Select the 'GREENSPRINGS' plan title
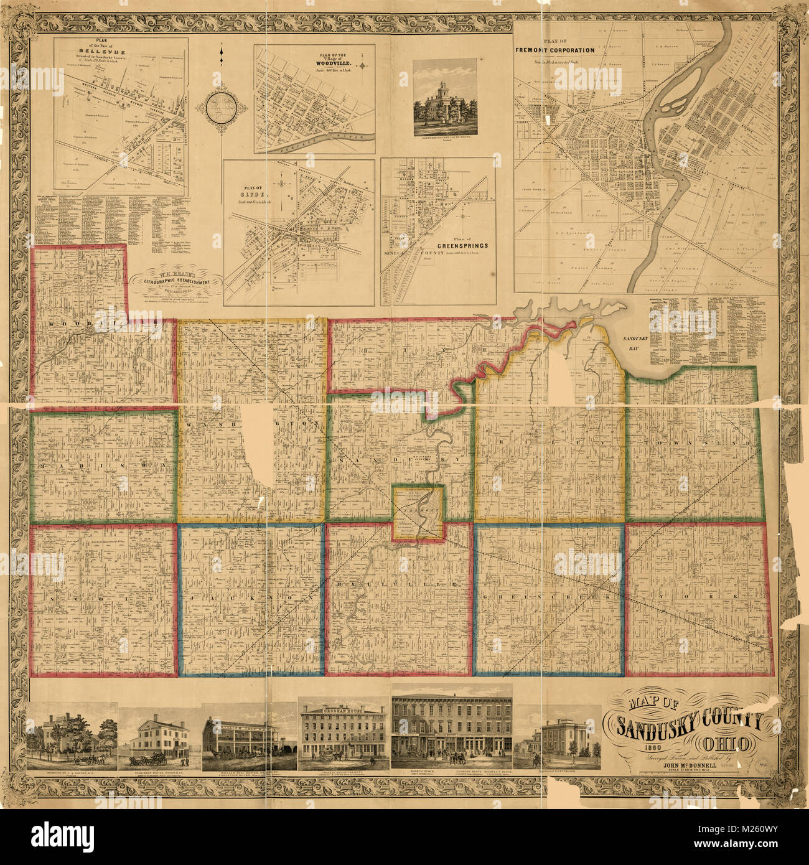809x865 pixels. click(x=461, y=245)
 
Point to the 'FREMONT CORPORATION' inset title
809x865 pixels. click(x=554, y=49)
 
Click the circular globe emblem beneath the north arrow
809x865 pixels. click(x=221, y=107)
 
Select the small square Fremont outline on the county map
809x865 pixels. click(x=418, y=513)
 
